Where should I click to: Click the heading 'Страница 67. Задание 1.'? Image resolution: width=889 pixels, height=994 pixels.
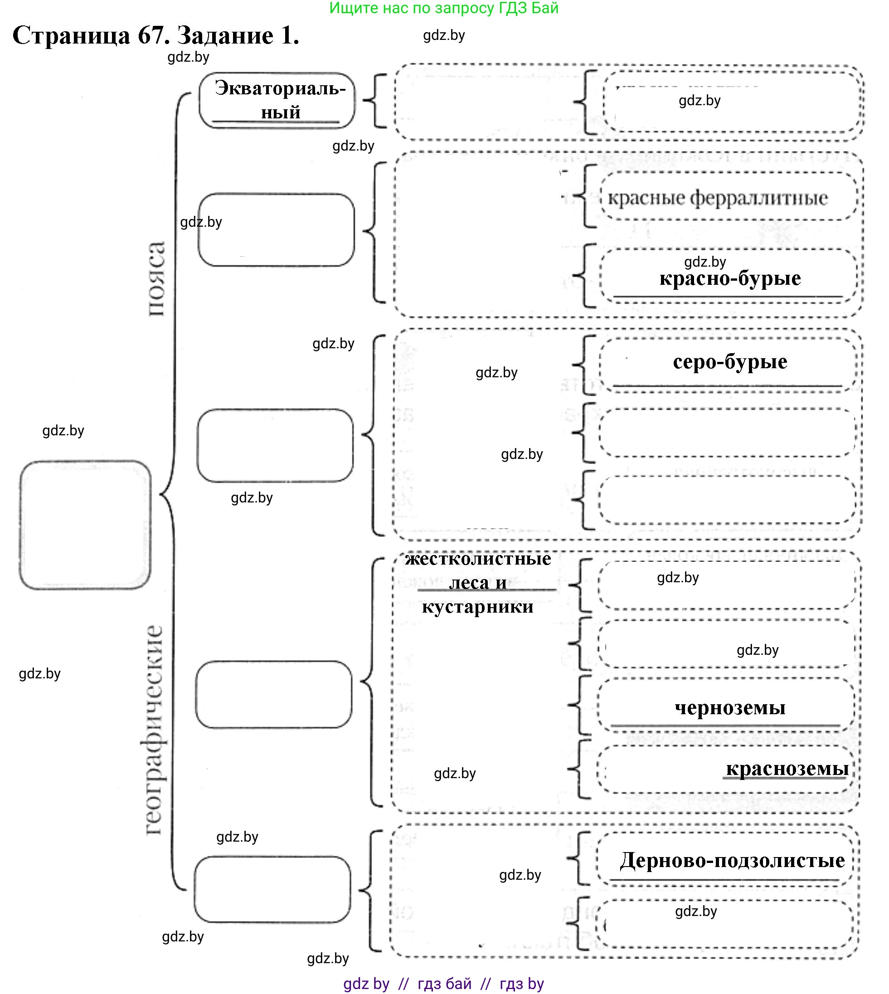(x=155, y=36)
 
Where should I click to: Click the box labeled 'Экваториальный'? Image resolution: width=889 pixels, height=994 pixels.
(x=277, y=100)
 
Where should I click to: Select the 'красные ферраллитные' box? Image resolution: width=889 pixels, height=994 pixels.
(x=728, y=197)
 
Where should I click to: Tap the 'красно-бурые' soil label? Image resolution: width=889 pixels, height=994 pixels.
(x=730, y=278)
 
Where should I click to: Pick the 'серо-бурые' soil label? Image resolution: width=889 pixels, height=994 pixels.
(x=730, y=361)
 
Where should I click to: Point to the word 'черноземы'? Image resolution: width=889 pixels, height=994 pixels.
(x=730, y=707)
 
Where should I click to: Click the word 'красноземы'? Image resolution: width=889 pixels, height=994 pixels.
(x=787, y=768)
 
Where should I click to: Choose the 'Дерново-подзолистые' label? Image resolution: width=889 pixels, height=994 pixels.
(x=732, y=860)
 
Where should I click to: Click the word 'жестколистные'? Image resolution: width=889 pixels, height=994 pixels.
(x=478, y=558)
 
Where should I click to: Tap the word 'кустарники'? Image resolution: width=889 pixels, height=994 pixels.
(x=478, y=606)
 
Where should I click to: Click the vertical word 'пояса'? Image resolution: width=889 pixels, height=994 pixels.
(x=156, y=278)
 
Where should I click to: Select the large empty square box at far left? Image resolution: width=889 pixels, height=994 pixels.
(x=85, y=525)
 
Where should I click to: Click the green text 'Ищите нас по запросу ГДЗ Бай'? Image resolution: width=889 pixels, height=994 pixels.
(x=443, y=8)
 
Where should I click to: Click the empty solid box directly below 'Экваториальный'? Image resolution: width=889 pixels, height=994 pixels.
(x=276, y=230)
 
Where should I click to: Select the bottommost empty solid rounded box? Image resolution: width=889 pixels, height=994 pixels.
(x=272, y=889)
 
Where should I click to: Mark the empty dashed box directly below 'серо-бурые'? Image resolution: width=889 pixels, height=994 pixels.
(x=728, y=433)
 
